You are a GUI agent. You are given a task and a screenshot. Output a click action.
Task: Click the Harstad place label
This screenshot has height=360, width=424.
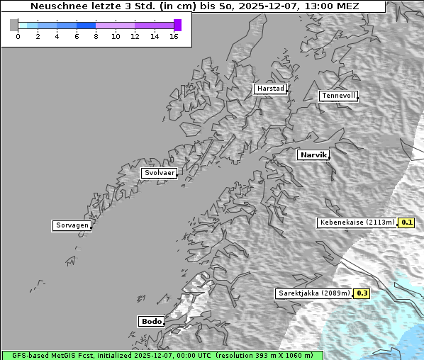click(x=270, y=89)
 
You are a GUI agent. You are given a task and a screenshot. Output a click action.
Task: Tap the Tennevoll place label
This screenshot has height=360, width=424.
click(x=337, y=96)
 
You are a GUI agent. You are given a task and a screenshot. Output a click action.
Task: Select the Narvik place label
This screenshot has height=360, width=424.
click(x=313, y=154)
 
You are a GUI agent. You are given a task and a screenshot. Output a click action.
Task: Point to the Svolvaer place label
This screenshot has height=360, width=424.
click(x=159, y=173)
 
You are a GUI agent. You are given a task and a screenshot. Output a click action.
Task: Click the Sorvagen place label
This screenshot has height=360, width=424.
click(x=72, y=225)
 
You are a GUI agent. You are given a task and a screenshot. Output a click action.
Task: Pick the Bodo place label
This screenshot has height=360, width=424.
click(x=151, y=321)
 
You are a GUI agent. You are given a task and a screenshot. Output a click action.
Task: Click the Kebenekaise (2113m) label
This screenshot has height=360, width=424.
click(x=357, y=223)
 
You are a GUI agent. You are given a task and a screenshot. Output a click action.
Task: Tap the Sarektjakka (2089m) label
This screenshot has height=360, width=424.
click(x=313, y=293)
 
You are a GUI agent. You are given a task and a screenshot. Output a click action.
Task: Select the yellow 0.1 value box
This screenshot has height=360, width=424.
click(x=406, y=223)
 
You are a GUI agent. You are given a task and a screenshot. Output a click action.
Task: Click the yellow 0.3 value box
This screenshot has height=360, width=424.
click(x=362, y=293)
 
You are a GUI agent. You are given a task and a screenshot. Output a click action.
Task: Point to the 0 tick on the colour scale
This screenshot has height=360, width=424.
click(x=18, y=35)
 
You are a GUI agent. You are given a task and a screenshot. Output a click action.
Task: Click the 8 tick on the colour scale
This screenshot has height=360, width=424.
click(x=96, y=35)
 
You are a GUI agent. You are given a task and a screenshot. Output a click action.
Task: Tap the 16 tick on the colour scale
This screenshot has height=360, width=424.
click(x=174, y=35)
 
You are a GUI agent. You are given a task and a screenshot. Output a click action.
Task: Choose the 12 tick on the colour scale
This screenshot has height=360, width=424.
click(x=135, y=35)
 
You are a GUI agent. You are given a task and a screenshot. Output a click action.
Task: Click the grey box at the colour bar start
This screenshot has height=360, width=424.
click(x=13, y=25)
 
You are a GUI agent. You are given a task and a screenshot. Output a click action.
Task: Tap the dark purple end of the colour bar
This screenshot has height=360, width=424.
click(x=177, y=25)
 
